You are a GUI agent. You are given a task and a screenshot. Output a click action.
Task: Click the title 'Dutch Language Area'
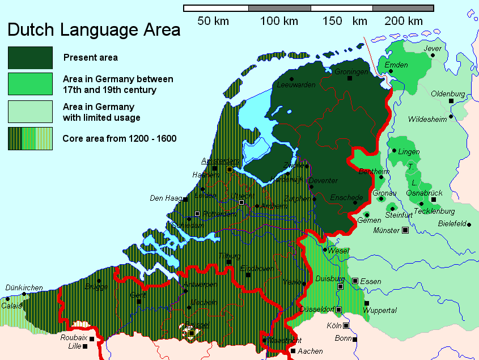coord(94,29)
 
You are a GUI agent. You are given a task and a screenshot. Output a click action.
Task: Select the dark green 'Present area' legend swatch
coord(30,57)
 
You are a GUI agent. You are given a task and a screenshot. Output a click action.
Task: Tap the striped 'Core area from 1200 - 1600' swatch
coord(30,138)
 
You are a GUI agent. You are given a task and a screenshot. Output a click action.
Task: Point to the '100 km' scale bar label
coord(279,22)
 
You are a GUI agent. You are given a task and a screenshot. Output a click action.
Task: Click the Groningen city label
coord(351,72)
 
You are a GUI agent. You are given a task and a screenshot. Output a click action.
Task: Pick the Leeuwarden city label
coord(296,85)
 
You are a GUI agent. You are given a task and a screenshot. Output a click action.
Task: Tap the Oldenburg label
coord(447,94)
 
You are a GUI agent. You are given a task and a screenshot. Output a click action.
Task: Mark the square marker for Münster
coord(405,230)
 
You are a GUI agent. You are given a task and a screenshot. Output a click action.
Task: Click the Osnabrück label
coord(425,193)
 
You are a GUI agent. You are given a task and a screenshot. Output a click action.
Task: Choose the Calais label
coord(11,305)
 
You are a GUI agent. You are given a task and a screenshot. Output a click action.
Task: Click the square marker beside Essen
coord(355,281)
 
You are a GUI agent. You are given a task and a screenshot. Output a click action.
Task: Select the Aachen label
coord(310,351)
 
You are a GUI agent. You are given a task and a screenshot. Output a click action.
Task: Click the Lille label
coord(74,346)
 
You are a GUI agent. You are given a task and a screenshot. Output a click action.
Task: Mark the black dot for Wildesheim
coord(451,117)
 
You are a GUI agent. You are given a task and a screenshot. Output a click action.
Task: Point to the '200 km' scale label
coord(403,22)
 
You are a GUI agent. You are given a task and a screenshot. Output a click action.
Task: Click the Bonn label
coord(343,338)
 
